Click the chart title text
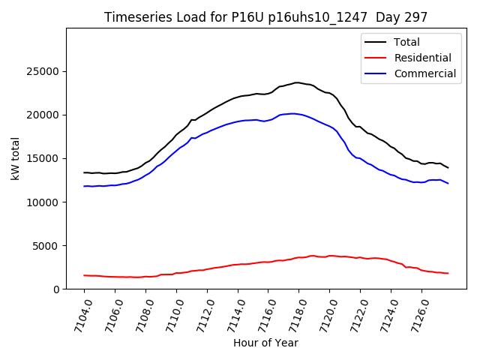pos(266,17)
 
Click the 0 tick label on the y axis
pos(57,289)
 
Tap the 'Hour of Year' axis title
pos(265,343)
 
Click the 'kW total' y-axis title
pos(15,158)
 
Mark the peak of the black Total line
pos(297,82)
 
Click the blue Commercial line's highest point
pos(292,113)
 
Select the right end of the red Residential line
pos(448,273)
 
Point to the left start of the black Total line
pos(84,172)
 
